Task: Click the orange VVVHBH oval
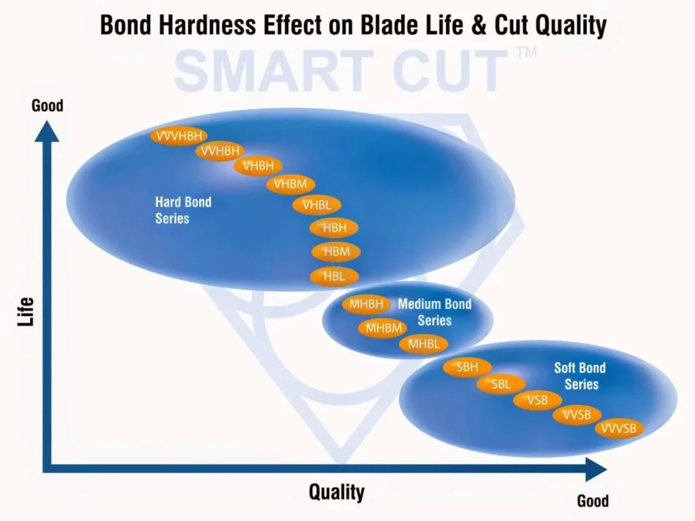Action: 179,136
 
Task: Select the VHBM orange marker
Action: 290,184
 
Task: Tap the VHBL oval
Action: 316,205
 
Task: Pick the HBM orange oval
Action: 336,252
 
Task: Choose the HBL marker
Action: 334,276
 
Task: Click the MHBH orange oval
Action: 366,304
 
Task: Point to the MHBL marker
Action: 424,344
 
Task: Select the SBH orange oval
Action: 467,367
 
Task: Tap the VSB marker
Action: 538,400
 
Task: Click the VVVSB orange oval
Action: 618,428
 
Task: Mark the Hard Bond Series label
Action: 183,210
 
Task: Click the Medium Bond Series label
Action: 434,312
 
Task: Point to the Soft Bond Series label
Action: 580,376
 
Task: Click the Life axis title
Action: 26,312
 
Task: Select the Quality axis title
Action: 337,493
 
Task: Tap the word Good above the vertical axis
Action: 48,105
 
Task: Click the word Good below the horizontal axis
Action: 593,501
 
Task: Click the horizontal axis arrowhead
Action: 596,469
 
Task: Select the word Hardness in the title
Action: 207,25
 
